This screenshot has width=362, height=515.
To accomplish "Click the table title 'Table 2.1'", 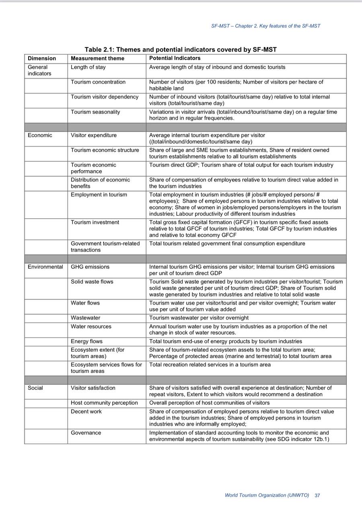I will point(180,49).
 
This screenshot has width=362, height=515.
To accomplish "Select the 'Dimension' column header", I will point(42,58).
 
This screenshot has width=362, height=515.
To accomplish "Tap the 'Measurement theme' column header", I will point(97,58).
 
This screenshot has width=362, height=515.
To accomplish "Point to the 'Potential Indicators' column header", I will point(175,58).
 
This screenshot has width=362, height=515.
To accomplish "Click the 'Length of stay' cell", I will point(88,67).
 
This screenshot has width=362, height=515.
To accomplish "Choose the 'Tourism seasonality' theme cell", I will point(95,112).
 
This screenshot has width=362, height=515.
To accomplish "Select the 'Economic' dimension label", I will point(40,135).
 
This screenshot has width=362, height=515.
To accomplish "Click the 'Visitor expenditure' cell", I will point(94,135).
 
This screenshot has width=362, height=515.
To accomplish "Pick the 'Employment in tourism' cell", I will point(99,195).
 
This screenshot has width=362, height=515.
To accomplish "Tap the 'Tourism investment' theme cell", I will point(95,222).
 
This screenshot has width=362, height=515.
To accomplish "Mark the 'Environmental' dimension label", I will point(45,267).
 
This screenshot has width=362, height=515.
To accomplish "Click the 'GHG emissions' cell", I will point(90,267).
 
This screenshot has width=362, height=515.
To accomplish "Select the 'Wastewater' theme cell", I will point(86,318).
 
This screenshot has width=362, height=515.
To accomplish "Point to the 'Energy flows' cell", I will point(87,342).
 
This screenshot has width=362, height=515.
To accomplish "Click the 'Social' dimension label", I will point(35,388).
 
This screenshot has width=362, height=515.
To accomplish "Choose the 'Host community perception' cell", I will point(104,403).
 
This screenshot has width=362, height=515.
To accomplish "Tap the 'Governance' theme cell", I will point(86,433).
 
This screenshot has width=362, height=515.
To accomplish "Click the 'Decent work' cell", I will point(86,412).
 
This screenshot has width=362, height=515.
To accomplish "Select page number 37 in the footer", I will point(317,495).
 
